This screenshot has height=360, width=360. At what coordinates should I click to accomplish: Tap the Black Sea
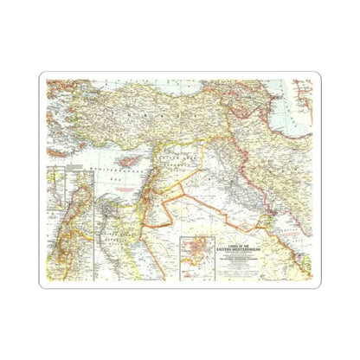coord(130,87)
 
